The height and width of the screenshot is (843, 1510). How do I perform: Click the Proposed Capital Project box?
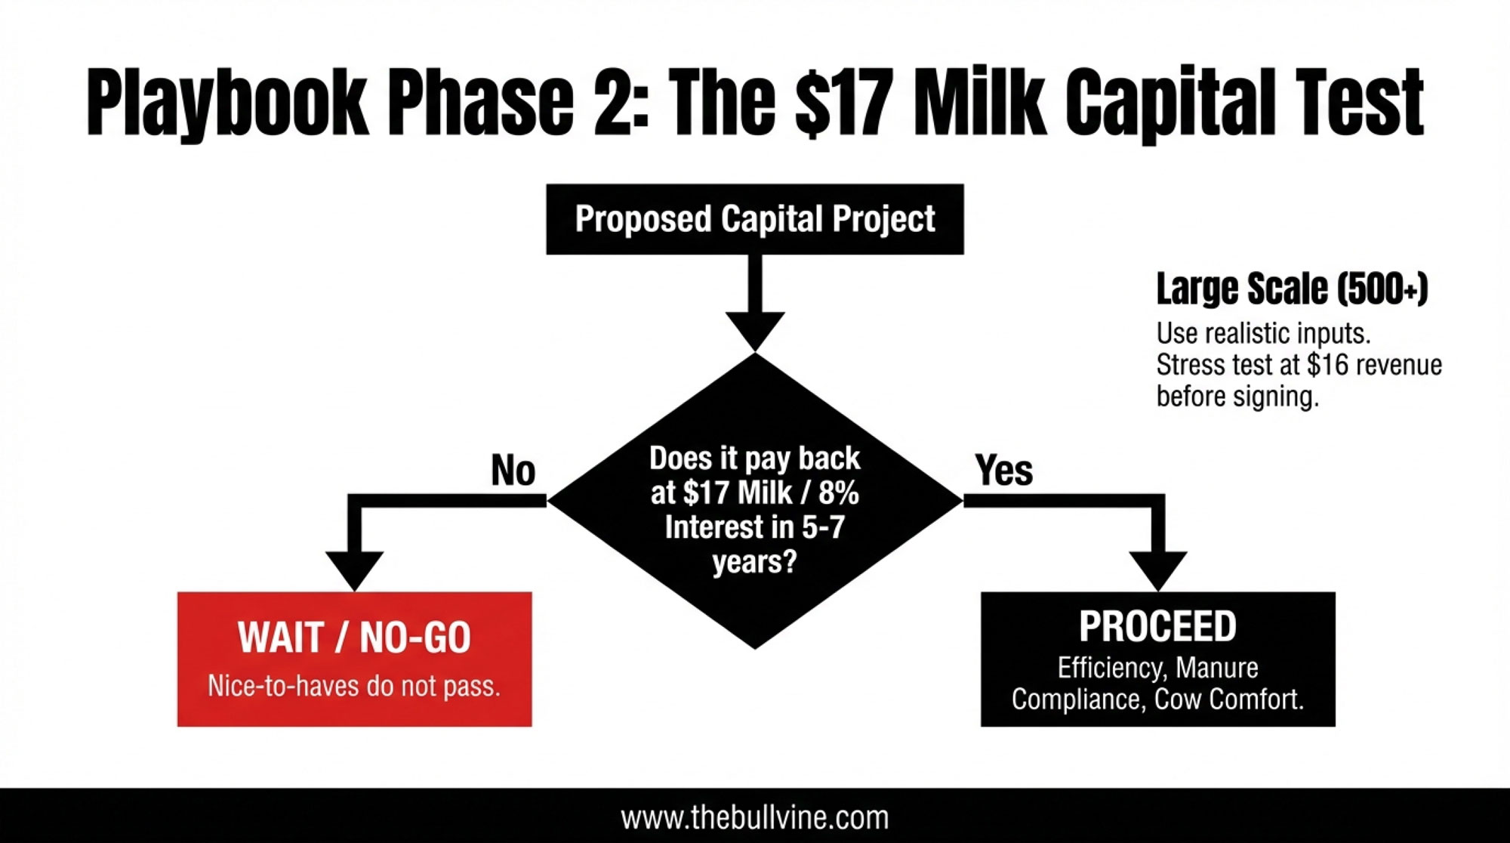pos(755,219)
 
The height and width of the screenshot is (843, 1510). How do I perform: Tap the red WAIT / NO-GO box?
pos(355,659)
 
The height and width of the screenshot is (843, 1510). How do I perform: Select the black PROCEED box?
pos(1158,659)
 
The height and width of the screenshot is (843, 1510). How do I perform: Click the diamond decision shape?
pos(755,500)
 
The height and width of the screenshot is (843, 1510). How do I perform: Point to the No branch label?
pos(513,470)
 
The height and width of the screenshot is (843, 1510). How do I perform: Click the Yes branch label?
pos(1004,470)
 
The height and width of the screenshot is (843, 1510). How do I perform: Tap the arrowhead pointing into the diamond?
pos(755,331)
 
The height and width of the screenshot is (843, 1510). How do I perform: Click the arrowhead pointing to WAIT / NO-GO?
pos(355,571)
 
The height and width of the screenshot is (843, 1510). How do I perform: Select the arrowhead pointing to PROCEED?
pos(1158,571)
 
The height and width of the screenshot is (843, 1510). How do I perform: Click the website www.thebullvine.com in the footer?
pos(755,818)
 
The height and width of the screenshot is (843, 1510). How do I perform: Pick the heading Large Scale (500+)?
pos(1292,289)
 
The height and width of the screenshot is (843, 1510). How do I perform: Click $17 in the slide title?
pos(841,103)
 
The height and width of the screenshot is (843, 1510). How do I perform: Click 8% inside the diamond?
pos(839,493)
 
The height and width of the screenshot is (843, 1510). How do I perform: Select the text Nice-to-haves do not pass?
pos(354,686)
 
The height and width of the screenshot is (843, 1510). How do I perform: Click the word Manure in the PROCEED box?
pos(1217,668)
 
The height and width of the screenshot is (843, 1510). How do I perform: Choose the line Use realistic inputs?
pos(1264,333)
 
